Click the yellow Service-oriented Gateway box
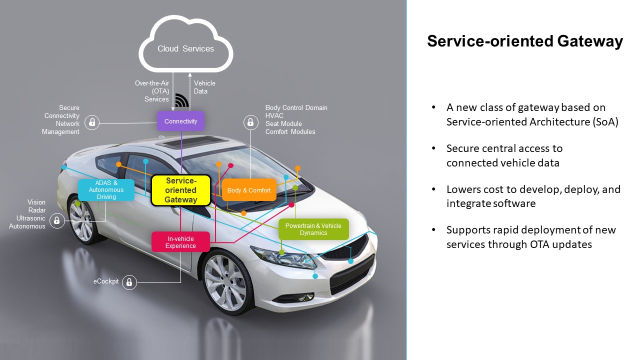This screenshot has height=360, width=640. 181,190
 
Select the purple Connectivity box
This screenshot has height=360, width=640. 180,121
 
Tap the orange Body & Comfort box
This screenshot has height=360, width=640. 249,190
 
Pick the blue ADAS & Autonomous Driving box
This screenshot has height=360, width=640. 106,190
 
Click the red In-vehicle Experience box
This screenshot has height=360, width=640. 180,242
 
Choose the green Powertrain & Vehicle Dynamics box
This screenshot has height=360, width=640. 313,229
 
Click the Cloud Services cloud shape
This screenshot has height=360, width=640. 185,49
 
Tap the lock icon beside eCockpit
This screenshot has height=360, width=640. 129,282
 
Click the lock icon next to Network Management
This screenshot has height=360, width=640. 91,122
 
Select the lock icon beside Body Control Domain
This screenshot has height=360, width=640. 250,122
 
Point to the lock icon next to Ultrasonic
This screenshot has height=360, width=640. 57,220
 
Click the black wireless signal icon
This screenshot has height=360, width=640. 181,101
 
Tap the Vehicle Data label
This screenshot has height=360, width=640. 204,87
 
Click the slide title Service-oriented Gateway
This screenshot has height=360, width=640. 524,41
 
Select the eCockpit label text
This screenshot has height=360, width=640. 106,281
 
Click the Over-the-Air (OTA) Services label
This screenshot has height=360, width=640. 152,91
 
